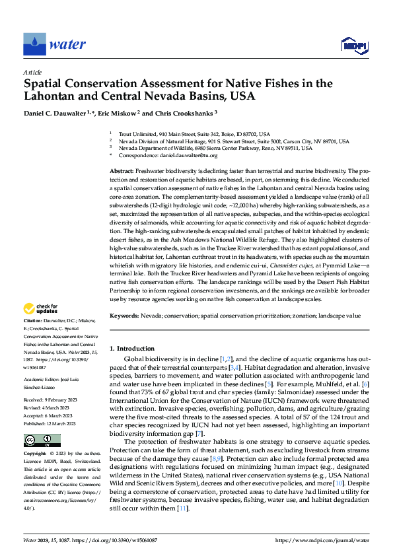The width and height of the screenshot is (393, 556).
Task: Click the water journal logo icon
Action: [34, 44]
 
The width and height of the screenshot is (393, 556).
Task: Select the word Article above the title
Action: [32, 72]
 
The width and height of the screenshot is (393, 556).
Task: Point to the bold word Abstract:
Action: [122, 171]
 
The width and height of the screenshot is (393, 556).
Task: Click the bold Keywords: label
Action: [124, 316]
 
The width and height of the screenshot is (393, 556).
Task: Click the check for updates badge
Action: [41, 308]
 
